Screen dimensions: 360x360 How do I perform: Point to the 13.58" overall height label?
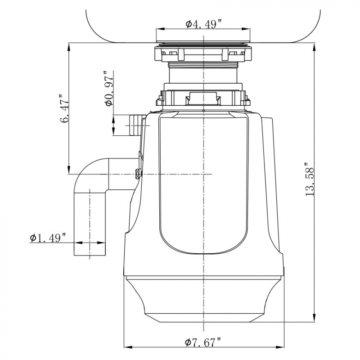(309, 179)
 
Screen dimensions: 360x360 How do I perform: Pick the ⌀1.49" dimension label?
(48, 238)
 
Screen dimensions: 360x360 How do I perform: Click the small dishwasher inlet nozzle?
(135, 125)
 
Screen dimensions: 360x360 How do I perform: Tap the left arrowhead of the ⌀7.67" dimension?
(127, 347)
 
